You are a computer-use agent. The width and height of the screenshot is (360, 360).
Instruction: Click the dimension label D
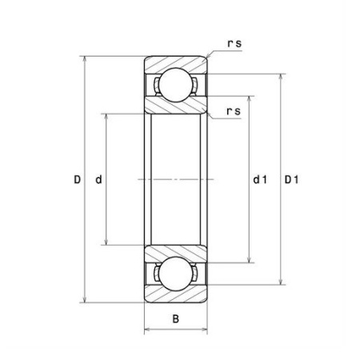(x=77, y=180)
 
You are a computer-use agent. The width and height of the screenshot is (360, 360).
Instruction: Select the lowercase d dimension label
(x=98, y=180)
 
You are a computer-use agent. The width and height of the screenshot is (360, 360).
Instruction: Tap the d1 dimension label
(x=260, y=180)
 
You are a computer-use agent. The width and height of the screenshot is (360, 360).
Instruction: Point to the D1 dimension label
(x=291, y=180)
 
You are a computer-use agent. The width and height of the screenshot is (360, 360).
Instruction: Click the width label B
(x=176, y=318)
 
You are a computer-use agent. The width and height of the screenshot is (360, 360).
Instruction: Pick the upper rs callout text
(x=234, y=44)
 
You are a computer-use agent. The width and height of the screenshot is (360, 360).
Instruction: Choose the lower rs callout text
(x=234, y=111)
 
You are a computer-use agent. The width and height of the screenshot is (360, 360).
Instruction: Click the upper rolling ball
(x=176, y=85)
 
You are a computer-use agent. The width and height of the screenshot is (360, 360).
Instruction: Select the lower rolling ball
(x=176, y=274)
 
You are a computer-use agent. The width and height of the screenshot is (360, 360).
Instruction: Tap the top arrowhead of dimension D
(x=85, y=58)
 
